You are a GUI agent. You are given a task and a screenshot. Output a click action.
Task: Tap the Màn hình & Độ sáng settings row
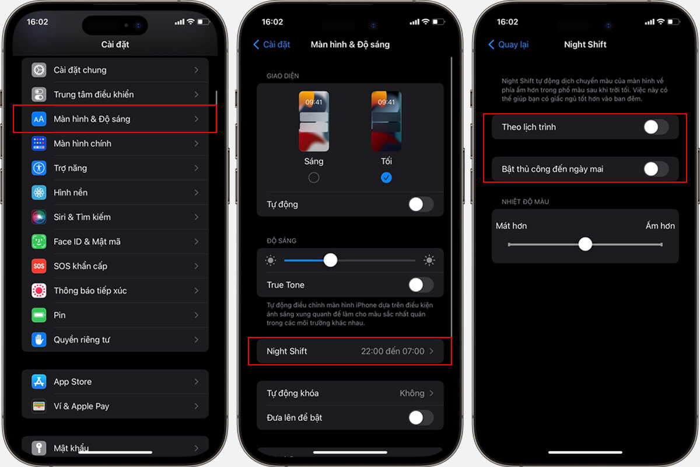[115, 119]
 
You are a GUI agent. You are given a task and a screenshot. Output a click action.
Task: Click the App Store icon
[38, 382]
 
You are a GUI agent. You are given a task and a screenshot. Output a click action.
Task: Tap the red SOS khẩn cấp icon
[38, 266]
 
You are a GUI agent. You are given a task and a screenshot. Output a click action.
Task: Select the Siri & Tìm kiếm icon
[38, 217]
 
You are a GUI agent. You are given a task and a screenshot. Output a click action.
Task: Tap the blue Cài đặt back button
[272, 44]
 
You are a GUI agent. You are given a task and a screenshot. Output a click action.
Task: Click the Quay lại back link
[509, 44]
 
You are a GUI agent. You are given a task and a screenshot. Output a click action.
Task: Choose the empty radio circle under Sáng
[314, 177]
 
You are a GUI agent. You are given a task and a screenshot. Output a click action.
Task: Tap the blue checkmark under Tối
[386, 177]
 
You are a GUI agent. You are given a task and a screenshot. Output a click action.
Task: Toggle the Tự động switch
[421, 204]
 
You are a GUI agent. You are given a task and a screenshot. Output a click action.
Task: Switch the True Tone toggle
[421, 285]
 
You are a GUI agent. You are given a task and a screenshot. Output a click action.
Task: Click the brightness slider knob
[330, 260]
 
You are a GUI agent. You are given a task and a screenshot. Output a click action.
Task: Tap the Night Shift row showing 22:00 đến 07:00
[350, 351]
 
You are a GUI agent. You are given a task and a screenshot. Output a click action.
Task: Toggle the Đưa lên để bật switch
[421, 417]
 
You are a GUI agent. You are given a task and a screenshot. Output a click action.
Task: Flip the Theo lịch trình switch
[656, 127]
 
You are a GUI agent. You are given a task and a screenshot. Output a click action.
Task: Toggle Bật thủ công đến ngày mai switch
[656, 169]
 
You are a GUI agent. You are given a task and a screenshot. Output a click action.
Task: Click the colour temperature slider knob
[585, 244]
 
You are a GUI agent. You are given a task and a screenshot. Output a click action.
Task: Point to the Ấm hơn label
[660, 225]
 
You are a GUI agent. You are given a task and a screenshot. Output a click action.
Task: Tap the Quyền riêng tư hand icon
[38, 340]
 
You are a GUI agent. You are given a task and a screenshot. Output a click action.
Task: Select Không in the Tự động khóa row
[412, 393]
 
